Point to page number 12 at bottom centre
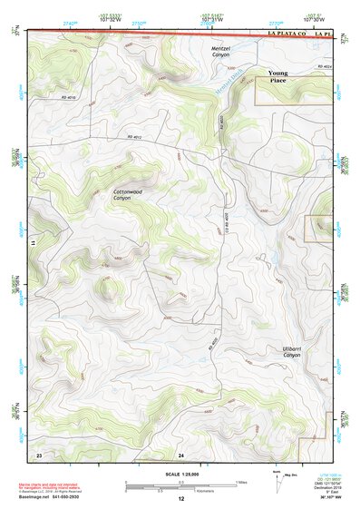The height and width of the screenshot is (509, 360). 180,499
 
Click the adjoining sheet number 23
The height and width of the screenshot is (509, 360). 39,454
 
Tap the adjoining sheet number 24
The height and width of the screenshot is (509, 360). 180,454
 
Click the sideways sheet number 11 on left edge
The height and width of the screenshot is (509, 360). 32,243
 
